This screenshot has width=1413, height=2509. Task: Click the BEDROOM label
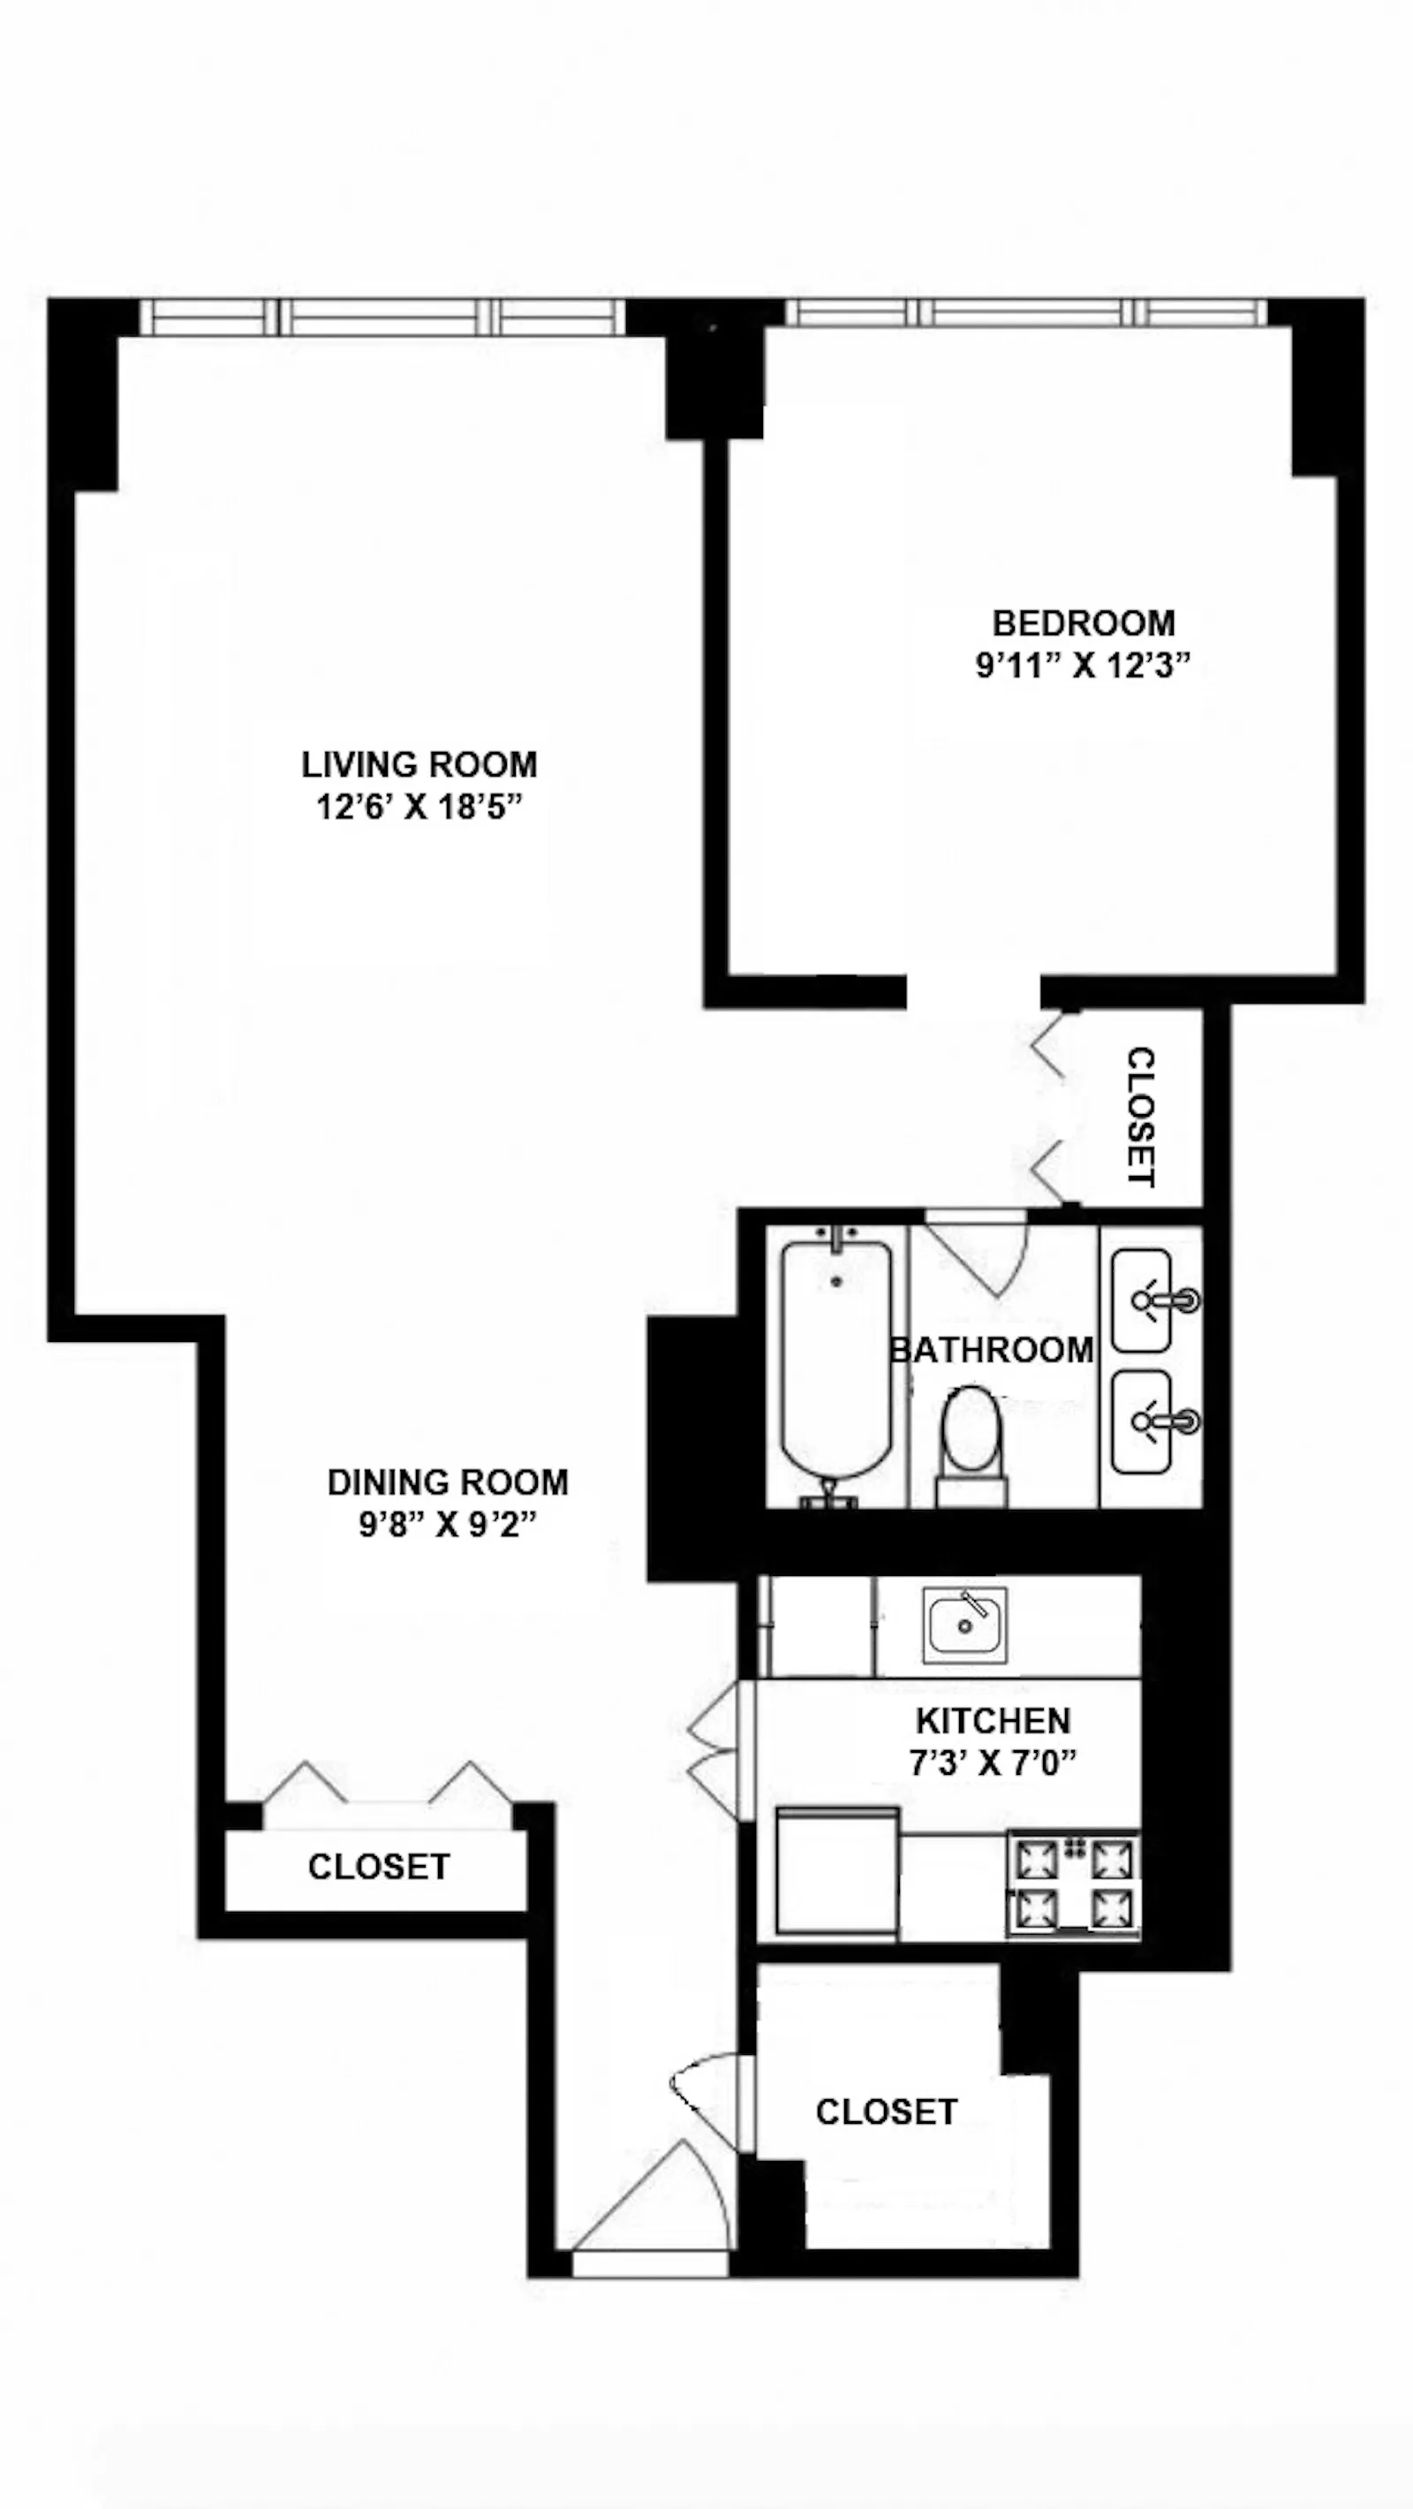(x=1083, y=622)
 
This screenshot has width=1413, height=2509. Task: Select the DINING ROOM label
(x=447, y=1482)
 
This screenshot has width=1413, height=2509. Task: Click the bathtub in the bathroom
(x=836, y=1363)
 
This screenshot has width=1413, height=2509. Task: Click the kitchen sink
(x=965, y=1625)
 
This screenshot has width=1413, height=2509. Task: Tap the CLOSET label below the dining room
(x=379, y=1866)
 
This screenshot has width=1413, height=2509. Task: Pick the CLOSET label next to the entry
(x=886, y=2111)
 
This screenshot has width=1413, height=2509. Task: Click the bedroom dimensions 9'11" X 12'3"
(x=1083, y=666)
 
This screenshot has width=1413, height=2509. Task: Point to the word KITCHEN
(x=993, y=1720)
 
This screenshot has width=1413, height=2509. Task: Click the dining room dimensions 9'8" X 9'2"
(x=447, y=1524)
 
